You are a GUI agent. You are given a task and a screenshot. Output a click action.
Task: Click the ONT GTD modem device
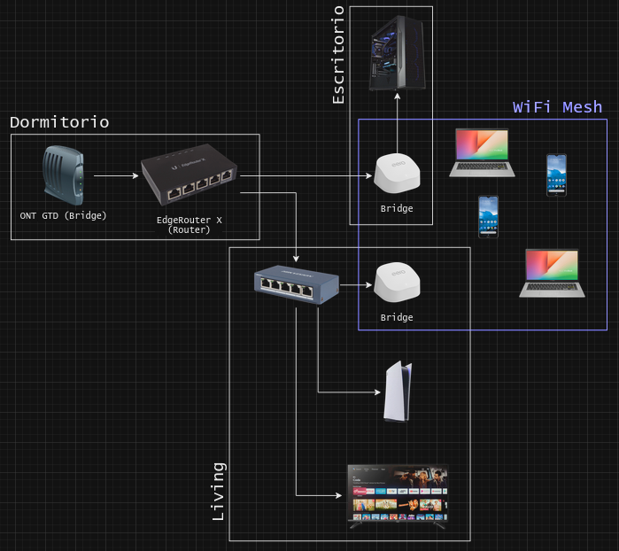[x=63, y=175]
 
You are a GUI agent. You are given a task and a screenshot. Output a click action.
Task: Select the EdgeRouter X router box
[x=190, y=175]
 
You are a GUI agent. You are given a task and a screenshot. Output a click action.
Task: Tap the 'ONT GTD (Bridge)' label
[x=63, y=215]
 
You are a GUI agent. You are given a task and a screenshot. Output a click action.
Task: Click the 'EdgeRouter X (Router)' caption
[x=190, y=225]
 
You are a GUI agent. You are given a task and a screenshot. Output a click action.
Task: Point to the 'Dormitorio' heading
[x=59, y=122]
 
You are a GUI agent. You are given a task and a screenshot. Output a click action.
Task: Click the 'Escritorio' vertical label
[x=338, y=55]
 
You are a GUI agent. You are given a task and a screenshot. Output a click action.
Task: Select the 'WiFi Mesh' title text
[x=557, y=107]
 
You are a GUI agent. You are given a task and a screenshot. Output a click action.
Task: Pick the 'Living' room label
[x=219, y=492]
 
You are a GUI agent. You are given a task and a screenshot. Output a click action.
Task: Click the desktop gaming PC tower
[x=397, y=53]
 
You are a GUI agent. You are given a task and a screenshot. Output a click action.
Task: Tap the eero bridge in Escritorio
[x=397, y=174]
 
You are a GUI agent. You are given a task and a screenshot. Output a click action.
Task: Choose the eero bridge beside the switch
[x=397, y=283]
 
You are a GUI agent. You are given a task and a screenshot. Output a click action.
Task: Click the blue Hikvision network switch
[x=297, y=284]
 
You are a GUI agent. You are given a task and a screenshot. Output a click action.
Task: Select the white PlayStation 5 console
[x=398, y=391]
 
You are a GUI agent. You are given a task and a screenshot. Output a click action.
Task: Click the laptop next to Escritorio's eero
[x=482, y=153]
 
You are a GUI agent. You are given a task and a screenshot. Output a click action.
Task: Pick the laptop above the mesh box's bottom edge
[x=552, y=274]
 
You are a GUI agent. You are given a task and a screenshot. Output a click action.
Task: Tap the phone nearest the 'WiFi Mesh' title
[x=557, y=175]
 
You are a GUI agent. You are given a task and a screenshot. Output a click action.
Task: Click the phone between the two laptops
[x=488, y=217]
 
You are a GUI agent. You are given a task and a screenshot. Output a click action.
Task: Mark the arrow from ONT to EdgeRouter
[x=117, y=175]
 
